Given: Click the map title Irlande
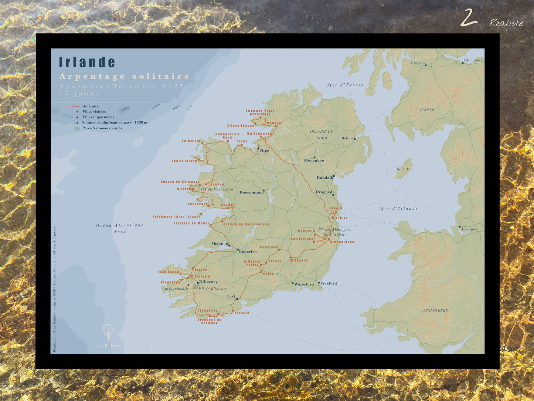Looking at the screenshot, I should [87, 63].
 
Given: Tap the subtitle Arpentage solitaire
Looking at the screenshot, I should [125, 77].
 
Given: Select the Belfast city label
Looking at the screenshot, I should [347, 138].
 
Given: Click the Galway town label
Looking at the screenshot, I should [228, 205].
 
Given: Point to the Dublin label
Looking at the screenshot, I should [341, 218].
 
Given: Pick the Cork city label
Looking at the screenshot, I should [231, 296].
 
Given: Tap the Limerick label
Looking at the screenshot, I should [248, 252].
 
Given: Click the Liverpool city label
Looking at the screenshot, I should [470, 229].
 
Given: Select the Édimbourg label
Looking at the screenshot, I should [473, 60].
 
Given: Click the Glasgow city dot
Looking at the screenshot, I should [425, 65].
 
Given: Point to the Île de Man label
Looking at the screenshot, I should [405, 169].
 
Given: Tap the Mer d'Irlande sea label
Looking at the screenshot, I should [398, 209].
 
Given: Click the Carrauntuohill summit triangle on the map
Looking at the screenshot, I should [189, 285].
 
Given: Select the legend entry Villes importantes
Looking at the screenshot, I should [98, 117].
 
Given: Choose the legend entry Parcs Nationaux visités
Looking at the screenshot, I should [102, 128].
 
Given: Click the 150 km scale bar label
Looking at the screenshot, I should [109, 346].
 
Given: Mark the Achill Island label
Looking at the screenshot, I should [184, 161].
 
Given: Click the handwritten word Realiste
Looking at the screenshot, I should [506, 23].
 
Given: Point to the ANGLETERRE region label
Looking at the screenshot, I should [435, 311].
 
